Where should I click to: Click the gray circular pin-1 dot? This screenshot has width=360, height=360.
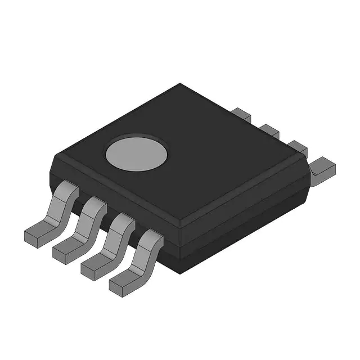tap(137, 152)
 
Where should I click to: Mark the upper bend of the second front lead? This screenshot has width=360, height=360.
tap(96, 205)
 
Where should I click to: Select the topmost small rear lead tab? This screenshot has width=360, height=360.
tap(241, 114)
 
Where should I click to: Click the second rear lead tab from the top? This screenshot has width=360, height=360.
tap(270, 130)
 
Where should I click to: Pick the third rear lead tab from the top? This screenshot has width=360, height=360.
tap(296, 147)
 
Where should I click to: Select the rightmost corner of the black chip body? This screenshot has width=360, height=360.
tap(310, 169)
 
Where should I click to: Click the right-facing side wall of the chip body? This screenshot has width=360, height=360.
tap(247, 219)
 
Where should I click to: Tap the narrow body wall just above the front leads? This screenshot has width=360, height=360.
tap(112, 194)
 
